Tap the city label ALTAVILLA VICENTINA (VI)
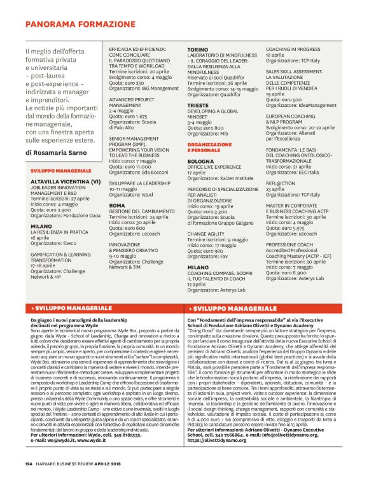[x=66, y=181]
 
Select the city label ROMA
[x=116, y=206]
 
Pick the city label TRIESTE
[x=198, y=104]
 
